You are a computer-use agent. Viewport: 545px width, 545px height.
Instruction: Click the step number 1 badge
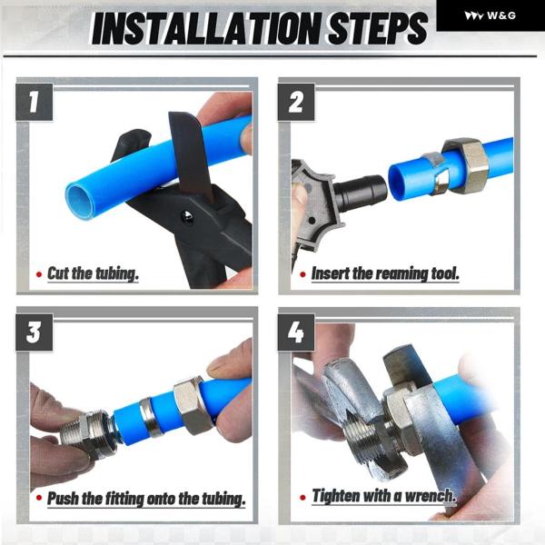(35, 102)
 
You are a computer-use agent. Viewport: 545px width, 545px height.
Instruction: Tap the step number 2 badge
(296, 102)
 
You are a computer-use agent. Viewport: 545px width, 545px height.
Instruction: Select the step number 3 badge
(35, 332)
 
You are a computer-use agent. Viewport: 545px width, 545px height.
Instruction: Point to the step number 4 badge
(296, 332)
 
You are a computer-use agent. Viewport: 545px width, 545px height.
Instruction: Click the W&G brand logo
(490, 15)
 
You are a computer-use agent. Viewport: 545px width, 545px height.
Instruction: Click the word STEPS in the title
(378, 28)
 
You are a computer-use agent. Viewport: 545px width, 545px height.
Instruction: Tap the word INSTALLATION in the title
(207, 28)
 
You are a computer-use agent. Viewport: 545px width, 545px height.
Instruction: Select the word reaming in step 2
(401, 274)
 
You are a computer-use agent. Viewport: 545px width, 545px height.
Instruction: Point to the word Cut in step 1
(58, 273)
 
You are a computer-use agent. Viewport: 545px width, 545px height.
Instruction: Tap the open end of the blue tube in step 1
(81, 201)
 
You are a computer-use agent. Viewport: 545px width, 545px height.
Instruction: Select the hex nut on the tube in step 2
(466, 165)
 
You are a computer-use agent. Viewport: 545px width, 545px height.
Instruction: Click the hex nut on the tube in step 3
(193, 405)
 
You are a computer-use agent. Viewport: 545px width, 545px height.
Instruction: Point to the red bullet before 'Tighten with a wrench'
(302, 497)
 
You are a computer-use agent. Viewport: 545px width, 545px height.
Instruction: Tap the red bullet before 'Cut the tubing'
(39, 274)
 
